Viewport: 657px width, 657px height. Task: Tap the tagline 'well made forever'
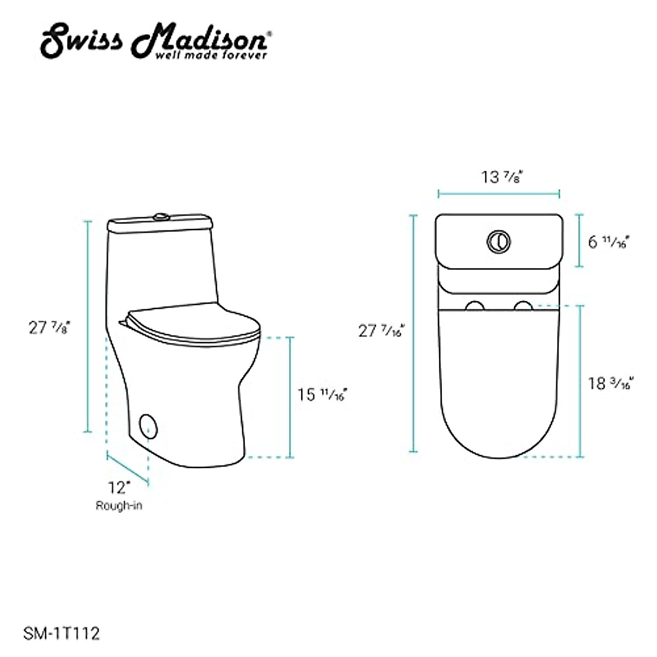[211, 55]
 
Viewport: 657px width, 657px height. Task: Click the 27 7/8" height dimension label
[50, 327]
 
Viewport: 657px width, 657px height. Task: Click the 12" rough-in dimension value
[119, 486]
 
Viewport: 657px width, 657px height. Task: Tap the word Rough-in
[119, 505]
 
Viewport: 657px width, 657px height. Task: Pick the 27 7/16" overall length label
[381, 331]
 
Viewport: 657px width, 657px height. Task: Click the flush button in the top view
[498, 241]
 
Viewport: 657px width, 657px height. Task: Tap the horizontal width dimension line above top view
[498, 193]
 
